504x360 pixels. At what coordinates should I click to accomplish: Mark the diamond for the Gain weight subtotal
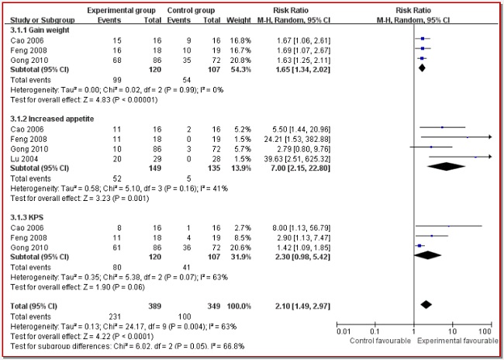422,67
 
